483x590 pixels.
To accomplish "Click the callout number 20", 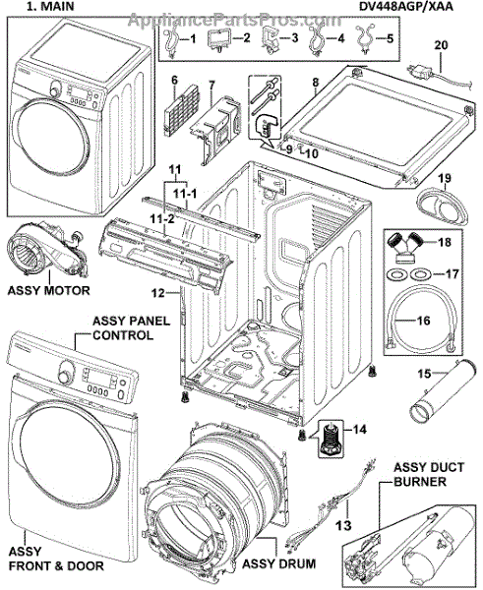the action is pyautogui.click(x=441, y=45).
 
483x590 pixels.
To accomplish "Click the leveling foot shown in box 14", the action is pyautogui.click(x=331, y=439).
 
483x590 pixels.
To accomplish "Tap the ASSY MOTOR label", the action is pyautogui.click(x=49, y=290).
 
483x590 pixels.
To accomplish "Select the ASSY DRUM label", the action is pyautogui.click(x=278, y=563).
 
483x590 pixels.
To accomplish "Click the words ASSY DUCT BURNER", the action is pyautogui.click(x=429, y=474).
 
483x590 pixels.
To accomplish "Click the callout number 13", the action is pyautogui.click(x=343, y=525).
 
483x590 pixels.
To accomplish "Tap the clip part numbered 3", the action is pyautogui.click(x=270, y=40).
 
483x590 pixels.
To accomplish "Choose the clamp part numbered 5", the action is pyautogui.click(x=365, y=39).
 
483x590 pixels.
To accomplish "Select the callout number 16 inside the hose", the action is pyautogui.click(x=424, y=321).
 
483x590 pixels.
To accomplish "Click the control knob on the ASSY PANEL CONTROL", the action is pyautogui.click(x=66, y=372).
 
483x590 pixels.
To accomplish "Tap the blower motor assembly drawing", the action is pyautogui.click(x=47, y=250).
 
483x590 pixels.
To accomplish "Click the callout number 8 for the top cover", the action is pyautogui.click(x=315, y=82).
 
